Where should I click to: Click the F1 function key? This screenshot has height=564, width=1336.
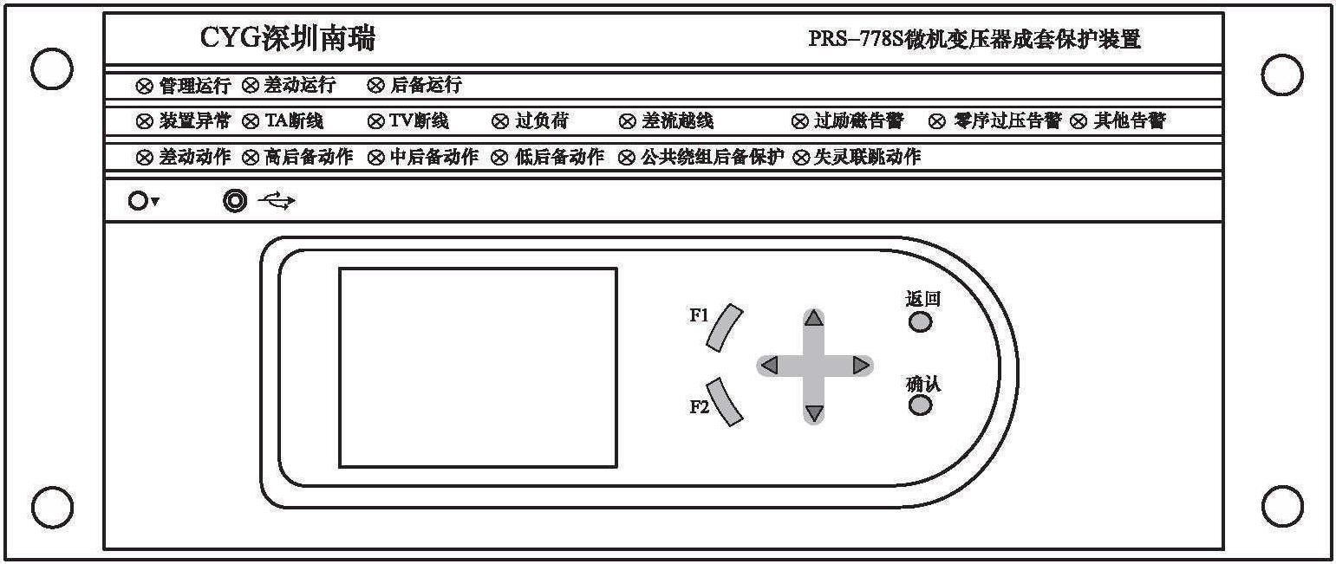tap(724, 327)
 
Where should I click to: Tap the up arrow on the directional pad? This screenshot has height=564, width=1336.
tap(813, 318)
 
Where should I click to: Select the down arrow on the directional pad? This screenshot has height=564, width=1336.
tap(814, 412)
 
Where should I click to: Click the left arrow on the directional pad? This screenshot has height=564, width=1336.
tap(769, 365)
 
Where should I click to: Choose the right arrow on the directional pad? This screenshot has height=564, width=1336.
tap(861, 365)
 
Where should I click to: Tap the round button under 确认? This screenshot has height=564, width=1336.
tap(920, 405)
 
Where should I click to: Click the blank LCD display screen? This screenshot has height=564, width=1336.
tap(478, 367)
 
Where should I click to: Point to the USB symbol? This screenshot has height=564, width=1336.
tap(277, 201)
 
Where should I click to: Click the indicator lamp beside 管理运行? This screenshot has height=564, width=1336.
tap(144, 87)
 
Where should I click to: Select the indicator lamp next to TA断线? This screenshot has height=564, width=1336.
tap(251, 122)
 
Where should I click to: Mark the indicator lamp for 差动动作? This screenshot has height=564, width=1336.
tap(144, 158)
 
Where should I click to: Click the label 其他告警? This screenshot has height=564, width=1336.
tap(1129, 121)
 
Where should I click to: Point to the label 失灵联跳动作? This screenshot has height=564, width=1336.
tap(867, 157)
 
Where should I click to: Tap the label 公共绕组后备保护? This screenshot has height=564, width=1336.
tap(712, 157)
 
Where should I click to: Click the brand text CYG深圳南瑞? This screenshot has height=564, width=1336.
tap(288, 38)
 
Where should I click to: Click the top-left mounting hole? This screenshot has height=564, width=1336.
tap(52, 68)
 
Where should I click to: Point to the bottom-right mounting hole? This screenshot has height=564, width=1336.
tap(1282, 507)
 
